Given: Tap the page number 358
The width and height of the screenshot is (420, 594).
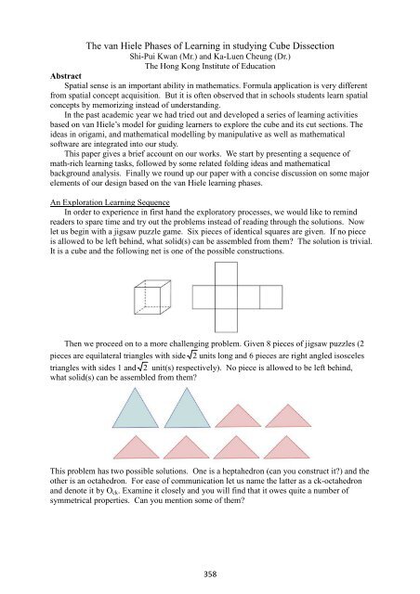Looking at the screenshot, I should tap(210, 575).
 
